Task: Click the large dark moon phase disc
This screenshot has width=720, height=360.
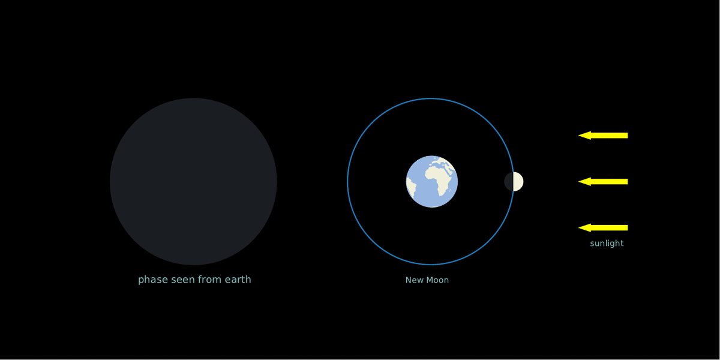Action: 193,182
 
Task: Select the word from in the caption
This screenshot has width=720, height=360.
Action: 209,280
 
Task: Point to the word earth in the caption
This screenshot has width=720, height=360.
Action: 238,280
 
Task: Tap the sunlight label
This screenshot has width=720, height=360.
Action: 607,244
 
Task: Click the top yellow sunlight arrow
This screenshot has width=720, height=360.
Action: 603,136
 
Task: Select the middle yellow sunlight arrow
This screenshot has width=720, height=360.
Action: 603,182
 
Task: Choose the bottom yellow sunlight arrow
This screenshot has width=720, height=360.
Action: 603,227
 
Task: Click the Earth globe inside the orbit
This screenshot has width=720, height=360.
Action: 431,182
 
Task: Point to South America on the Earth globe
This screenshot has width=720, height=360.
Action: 411,187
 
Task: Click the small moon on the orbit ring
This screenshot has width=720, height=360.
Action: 514,182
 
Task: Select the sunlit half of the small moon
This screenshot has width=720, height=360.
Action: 518,182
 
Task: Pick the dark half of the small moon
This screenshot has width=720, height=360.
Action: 509,182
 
